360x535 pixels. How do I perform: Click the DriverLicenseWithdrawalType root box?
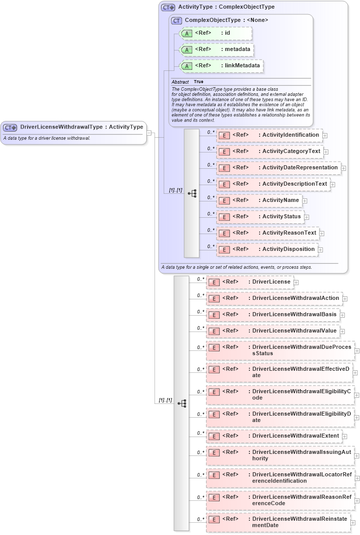click(74, 127)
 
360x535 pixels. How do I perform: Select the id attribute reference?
click(216, 34)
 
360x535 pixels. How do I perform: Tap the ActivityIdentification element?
click(270, 135)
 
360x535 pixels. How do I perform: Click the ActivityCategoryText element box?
click(270, 151)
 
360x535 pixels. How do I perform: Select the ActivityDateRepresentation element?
click(279, 167)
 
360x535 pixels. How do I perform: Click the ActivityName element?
click(260, 200)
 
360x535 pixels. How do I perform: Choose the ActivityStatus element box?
click(261, 217)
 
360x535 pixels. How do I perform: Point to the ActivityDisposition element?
click(268, 249)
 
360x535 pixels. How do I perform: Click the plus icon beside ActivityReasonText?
click(322, 234)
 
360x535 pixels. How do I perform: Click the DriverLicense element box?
click(249, 282)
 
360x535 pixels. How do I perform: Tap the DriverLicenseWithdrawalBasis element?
click(273, 315)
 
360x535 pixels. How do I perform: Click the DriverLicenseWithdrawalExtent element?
click(274, 436)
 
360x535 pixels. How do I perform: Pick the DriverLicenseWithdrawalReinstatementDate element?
click(278, 522)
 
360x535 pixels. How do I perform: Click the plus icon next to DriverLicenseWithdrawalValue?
click(342, 332)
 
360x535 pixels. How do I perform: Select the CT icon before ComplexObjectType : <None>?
click(177, 20)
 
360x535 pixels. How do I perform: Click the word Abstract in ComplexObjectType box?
click(180, 82)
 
